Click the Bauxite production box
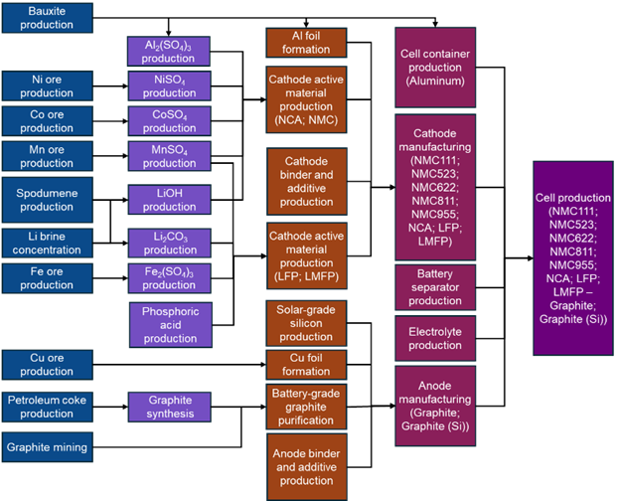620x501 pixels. click(x=47, y=18)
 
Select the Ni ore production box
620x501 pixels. click(x=47, y=86)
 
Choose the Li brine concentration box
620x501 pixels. click(x=47, y=243)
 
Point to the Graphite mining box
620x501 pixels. click(x=47, y=447)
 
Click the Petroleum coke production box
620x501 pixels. click(x=47, y=407)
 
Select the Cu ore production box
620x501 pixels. click(x=47, y=364)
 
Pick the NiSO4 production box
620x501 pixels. click(x=169, y=86)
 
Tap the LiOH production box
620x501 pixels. click(x=169, y=200)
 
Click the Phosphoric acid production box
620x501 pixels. click(x=169, y=324)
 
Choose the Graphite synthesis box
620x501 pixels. click(x=169, y=407)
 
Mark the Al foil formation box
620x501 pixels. click(x=306, y=43)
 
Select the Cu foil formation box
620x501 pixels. click(x=306, y=364)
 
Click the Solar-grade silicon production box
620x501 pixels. click(x=306, y=324)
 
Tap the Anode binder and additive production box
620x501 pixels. click(x=306, y=466)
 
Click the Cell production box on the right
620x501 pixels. click(x=572, y=258)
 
